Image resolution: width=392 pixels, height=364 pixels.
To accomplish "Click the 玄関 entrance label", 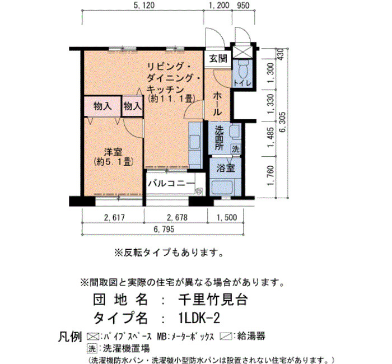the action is [218, 58].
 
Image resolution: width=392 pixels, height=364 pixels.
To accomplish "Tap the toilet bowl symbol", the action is [242, 69].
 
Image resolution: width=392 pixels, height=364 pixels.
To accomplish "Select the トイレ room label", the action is [242, 83].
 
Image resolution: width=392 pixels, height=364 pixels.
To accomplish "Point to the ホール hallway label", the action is [217, 103].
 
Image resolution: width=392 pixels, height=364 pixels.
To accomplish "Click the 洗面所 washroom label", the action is [220, 138].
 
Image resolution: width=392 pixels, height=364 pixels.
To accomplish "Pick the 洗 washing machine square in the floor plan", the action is [236, 150].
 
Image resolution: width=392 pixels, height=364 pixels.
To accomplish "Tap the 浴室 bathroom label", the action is [226, 168].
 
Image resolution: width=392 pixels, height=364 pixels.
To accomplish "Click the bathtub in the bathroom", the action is [222, 187].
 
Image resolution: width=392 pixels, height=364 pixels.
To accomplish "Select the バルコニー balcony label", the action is [171, 184].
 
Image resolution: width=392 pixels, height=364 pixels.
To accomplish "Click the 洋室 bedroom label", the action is [113, 152].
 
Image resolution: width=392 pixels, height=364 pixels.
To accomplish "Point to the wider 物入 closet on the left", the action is [102, 106].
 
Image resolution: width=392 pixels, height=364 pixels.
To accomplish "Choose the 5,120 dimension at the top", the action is [144, 5].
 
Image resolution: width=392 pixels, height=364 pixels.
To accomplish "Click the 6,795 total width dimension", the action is [164, 229].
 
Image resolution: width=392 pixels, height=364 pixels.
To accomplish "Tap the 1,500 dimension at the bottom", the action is [226, 217].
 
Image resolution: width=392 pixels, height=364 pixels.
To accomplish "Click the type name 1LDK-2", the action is [199, 319].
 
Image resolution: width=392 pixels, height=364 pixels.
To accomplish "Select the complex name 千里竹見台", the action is [213, 300].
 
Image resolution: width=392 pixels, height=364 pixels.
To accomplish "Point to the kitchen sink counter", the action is [195, 146].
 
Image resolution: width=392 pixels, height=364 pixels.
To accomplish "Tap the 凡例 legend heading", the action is [70, 337].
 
